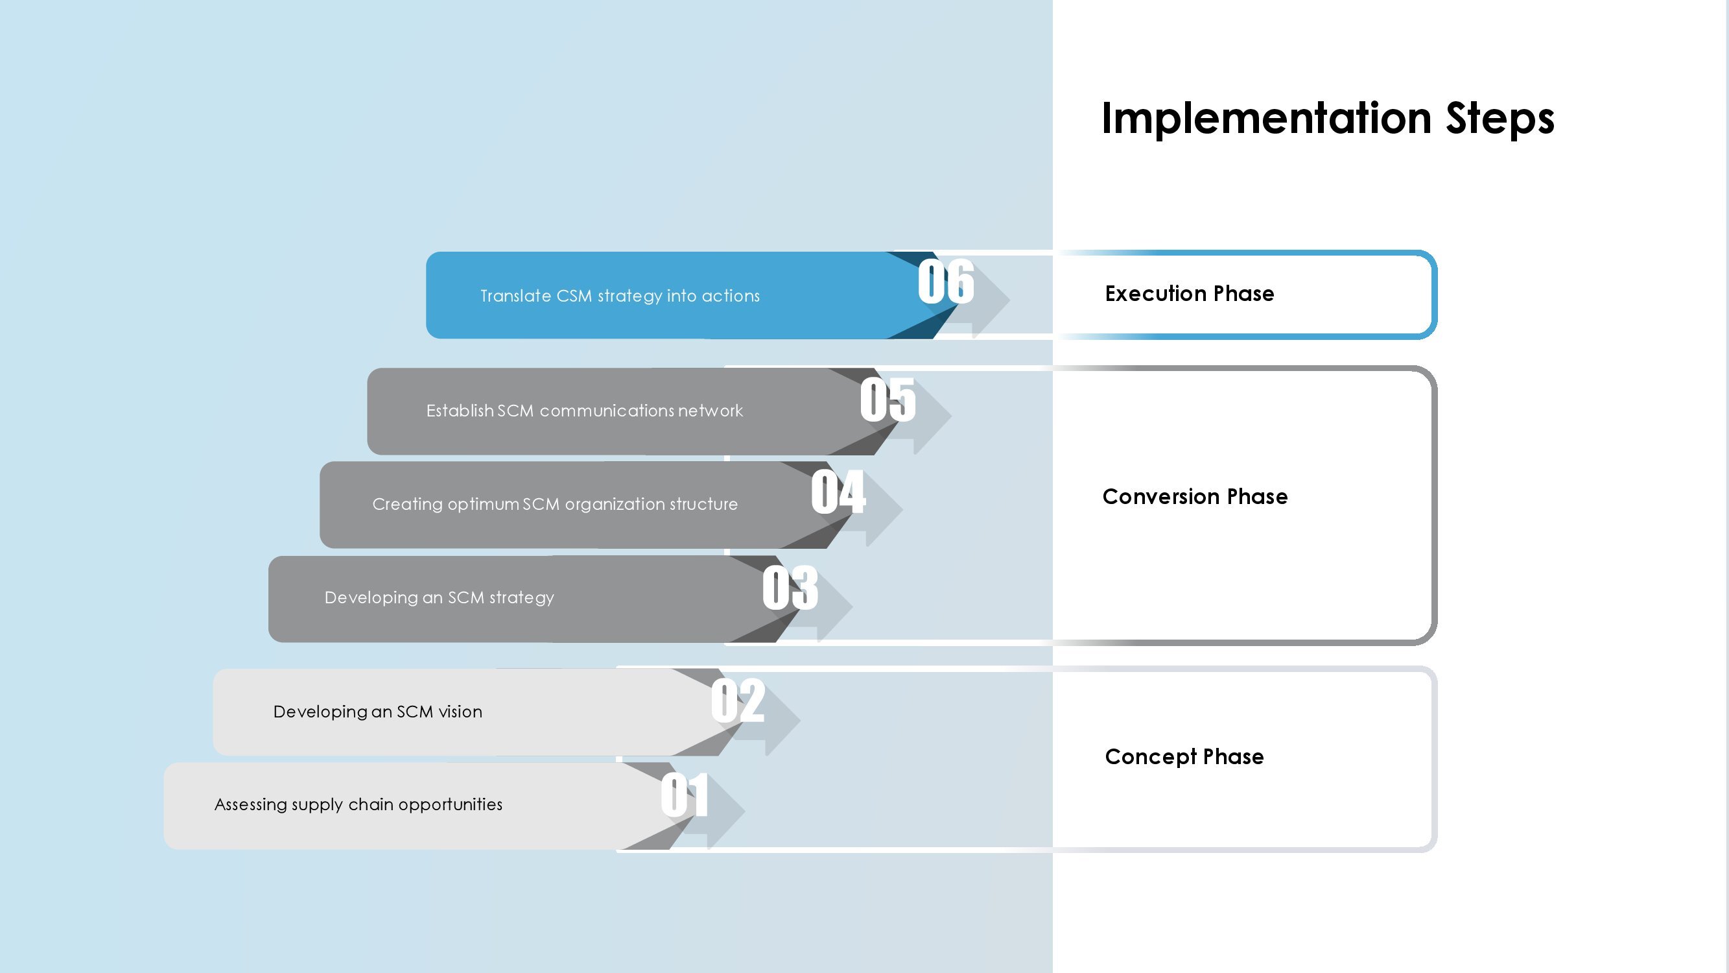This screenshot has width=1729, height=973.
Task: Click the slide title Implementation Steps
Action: pyautogui.click(x=1328, y=119)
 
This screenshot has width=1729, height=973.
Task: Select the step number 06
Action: pyautogui.click(x=946, y=282)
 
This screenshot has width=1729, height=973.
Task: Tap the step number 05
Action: pyautogui.click(x=888, y=400)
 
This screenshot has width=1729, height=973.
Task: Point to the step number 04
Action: pyautogui.click(x=838, y=492)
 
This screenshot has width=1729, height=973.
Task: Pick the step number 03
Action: pyautogui.click(x=790, y=588)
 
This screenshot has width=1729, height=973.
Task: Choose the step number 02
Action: pyautogui.click(x=738, y=701)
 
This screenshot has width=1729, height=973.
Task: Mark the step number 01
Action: pyautogui.click(x=685, y=795)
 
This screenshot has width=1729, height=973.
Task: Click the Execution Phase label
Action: pyautogui.click(x=1190, y=293)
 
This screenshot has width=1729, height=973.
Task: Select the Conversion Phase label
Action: pyautogui.click(x=1195, y=496)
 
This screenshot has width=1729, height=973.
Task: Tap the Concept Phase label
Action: pyautogui.click(x=1184, y=757)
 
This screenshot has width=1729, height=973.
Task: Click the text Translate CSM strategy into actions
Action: pyautogui.click(x=620, y=296)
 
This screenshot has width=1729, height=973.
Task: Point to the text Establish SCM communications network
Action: pyautogui.click(x=584, y=411)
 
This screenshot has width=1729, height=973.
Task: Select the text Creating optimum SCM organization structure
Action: pyautogui.click(x=554, y=504)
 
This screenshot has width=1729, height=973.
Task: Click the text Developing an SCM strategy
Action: pyautogui.click(x=439, y=597)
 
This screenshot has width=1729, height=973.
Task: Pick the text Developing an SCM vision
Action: pyautogui.click(x=377, y=712)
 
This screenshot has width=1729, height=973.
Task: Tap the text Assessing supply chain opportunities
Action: pyautogui.click(x=358, y=804)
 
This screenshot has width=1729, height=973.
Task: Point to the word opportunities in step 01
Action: pyautogui.click(x=451, y=804)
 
